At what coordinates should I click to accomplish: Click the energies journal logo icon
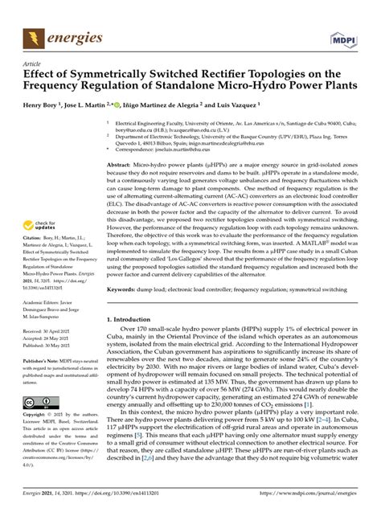33,38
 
